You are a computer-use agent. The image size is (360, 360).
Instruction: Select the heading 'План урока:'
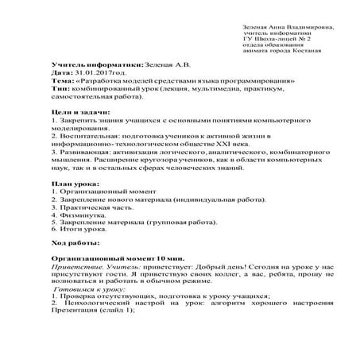pos(72,182)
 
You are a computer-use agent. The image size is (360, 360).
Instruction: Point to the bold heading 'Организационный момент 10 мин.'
pos(106,260)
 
